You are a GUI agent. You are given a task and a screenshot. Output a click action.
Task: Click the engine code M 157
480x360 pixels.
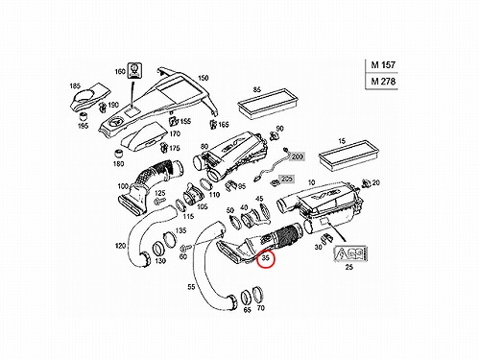pyautogui.click(x=383, y=65)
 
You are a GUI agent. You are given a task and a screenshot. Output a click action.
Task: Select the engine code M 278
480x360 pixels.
pyautogui.click(x=383, y=82)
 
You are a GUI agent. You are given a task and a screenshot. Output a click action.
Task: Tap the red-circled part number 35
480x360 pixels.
pyautogui.click(x=266, y=258)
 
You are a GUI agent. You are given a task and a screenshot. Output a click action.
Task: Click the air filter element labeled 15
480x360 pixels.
pyautogui.click(x=348, y=156)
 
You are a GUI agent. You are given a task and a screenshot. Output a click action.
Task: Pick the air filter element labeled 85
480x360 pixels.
pyautogui.click(x=268, y=105)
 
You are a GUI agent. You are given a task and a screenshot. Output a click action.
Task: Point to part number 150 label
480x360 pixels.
pyautogui.click(x=204, y=78)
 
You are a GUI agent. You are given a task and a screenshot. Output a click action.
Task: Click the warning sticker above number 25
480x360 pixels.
pyautogui.click(x=350, y=253)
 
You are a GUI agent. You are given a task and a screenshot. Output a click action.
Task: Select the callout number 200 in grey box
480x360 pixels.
pyautogui.click(x=298, y=156)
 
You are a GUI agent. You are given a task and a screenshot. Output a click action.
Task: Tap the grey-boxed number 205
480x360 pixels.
pyautogui.click(x=286, y=179)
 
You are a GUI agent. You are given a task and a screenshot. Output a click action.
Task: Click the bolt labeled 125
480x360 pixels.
pyautogui.click(x=159, y=202)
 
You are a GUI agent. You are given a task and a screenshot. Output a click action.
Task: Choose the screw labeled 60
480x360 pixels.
pyautogui.click(x=186, y=248)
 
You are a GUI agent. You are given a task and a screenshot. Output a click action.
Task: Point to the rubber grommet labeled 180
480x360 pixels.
pyautogui.click(x=119, y=153)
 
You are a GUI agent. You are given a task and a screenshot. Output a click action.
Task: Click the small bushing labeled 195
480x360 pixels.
pyautogui.click(x=84, y=116)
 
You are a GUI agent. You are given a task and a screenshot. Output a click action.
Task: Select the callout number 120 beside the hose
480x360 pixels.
pyautogui.click(x=120, y=246)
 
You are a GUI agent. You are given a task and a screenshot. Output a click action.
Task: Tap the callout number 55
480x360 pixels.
pyautogui.click(x=191, y=287)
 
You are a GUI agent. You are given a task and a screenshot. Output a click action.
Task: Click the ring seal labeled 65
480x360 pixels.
pyautogui.click(x=246, y=298)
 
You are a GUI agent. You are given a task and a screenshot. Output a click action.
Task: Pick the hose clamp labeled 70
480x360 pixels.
pyautogui.click(x=258, y=295)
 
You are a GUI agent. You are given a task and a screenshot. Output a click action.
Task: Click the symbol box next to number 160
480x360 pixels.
pyautogui.click(x=135, y=71)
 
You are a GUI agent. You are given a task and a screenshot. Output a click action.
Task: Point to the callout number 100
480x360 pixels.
pyautogui.click(x=123, y=186)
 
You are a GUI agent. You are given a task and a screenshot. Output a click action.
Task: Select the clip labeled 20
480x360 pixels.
pyautogui.click(x=365, y=183)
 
